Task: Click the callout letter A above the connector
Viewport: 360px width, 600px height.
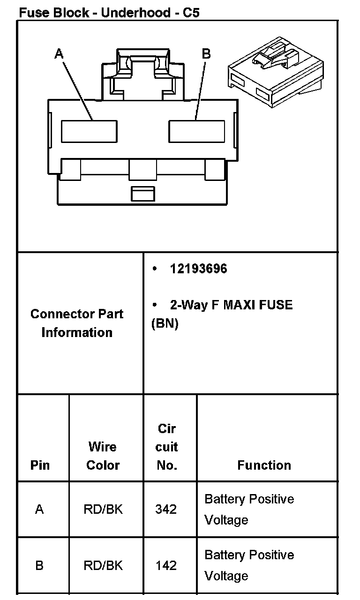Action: pyautogui.click(x=59, y=54)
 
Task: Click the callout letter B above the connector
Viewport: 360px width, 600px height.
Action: pyautogui.click(x=206, y=54)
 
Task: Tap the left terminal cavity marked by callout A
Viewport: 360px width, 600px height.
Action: pyautogui.click(x=89, y=131)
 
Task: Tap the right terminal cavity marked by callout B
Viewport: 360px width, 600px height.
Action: pyautogui.click(x=196, y=131)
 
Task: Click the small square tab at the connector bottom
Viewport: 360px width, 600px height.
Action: pyautogui.click(x=142, y=194)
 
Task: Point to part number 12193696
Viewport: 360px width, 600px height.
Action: pyautogui.click(x=198, y=269)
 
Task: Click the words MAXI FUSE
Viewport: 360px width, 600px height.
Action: pyautogui.click(x=258, y=305)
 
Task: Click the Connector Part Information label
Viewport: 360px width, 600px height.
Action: pyautogui.click(x=77, y=323)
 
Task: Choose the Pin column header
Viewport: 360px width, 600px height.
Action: pyautogui.click(x=40, y=465)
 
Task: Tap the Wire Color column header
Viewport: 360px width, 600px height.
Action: pyautogui.click(x=103, y=456)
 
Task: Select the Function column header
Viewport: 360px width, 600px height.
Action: pyautogui.click(x=264, y=465)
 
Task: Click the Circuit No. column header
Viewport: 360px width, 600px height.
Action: pyautogui.click(x=167, y=447)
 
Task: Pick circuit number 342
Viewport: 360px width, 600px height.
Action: pyautogui.click(x=166, y=509)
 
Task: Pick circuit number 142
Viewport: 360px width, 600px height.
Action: pyautogui.click(x=166, y=566)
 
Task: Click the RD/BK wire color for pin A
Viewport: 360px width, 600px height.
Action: pyautogui.click(x=103, y=509)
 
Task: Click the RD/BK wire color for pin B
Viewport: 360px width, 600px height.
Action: pyautogui.click(x=103, y=566)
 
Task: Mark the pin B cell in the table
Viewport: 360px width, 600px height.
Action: pyautogui.click(x=39, y=566)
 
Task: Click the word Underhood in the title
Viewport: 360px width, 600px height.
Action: pyautogui.click(x=135, y=13)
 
